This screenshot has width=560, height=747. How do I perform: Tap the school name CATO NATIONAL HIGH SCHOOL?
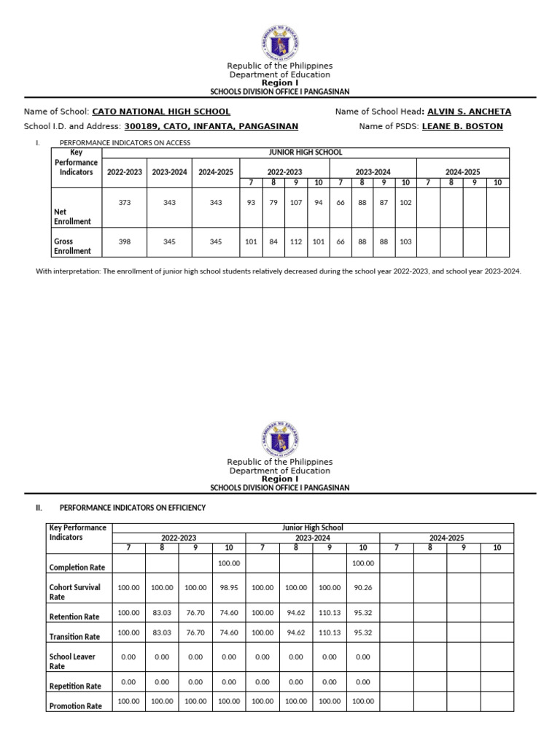coord(160,112)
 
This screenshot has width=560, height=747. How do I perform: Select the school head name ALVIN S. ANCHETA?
coord(469,112)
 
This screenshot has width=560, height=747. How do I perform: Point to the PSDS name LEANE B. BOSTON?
coord(462,126)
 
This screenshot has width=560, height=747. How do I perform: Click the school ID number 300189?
coord(141,126)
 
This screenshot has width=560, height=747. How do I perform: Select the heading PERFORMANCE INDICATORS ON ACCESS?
coord(125,143)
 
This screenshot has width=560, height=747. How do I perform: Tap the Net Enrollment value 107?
coord(295,203)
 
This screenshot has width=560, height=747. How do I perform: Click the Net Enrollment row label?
coord(71,216)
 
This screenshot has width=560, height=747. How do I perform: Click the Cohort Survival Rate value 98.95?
coord(229,587)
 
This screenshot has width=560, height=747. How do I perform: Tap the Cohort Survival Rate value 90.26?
coord(362,587)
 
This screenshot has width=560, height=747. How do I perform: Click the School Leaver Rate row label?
coord(71,661)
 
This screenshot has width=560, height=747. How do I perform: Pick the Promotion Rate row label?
coord(75,706)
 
